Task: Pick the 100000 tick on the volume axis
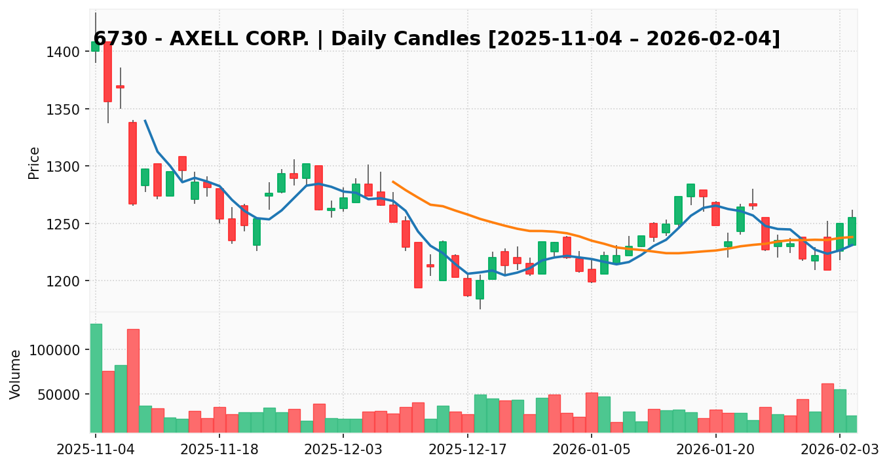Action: pos(57,350)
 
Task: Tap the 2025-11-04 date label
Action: pos(96,450)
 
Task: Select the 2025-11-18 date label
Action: pos(219,450)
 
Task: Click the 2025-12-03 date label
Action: pos(343,450)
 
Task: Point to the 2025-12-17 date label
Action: pos(467,450)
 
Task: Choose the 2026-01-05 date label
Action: pos(592,450)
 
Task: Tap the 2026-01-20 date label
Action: pos(715,450)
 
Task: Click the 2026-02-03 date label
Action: pos(840,450)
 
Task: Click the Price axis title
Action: pos(34,163)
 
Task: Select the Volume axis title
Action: pos(16,374)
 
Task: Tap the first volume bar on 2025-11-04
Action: pos(96,378)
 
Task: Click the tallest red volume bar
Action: pos(133,381)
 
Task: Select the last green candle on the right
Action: pos(852,231)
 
